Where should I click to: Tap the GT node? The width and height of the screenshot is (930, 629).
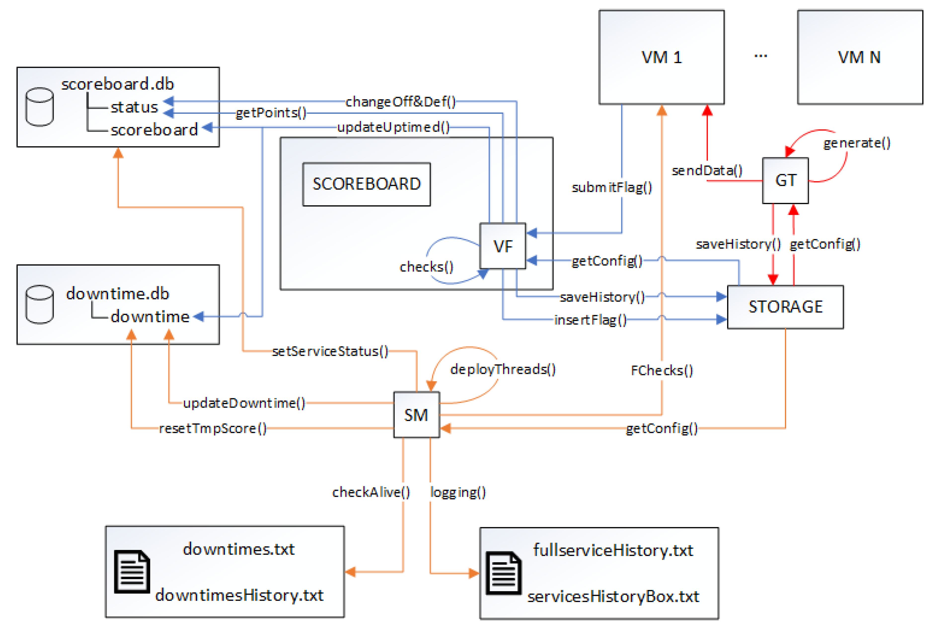click(785, 181)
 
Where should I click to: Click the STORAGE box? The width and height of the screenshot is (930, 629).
click(785, 307)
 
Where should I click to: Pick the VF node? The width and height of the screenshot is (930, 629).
click(503, 246)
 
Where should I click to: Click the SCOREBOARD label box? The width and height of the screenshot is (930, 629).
click(367, 184)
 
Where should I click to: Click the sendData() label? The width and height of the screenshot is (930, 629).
click(707, 171)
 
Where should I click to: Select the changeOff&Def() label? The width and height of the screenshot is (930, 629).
click(400, 102)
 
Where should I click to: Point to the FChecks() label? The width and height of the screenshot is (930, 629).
click(662, 370)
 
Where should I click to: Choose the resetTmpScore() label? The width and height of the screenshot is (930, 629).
click(213, 429)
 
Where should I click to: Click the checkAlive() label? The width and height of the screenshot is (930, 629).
click(371, 492)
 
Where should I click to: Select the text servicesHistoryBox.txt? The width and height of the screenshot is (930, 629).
click(613, 596)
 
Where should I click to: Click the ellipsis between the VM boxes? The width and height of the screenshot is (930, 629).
click(760, 56)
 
